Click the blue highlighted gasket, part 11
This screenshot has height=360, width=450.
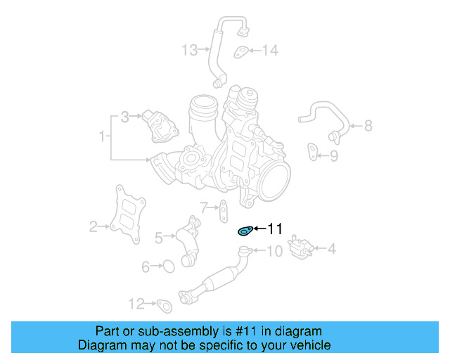click(x=245, y=231)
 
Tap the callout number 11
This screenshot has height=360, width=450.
click(x=275, y=229)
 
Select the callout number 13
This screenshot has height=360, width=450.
click(x=190, y=50)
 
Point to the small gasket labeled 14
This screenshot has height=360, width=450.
click(x=240, y=52)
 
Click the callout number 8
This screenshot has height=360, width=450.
click(x=368, y=126)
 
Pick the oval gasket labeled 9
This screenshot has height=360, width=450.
click(x=312, y=152)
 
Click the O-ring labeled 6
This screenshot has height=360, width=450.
click(x=169, y=266)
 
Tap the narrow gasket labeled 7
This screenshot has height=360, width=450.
click(x=224, y=212)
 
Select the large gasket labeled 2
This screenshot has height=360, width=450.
click(x=128, y=214)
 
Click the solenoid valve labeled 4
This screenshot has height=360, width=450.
click(x=300, y=247)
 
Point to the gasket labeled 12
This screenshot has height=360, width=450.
click(x=165, y=306)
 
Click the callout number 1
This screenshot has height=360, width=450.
click(x=102, y=136)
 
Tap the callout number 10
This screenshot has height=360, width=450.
click(x=275, y=251)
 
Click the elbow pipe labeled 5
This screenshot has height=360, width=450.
click(x=188, y=241)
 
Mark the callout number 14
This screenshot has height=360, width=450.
click(x=270, y=50)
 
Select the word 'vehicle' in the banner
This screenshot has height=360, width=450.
click(x=314, y=345)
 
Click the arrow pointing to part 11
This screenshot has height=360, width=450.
click(x=260, y=229)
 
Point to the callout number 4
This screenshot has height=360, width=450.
click(x=331, y=249)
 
